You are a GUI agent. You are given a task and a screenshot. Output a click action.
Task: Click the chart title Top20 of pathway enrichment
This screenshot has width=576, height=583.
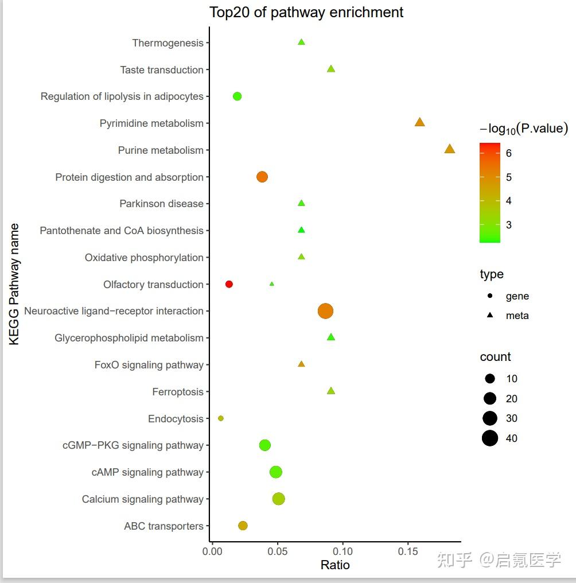(x=306, y=12)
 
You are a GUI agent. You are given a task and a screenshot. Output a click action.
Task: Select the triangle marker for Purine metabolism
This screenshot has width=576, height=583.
(x=449, y=149)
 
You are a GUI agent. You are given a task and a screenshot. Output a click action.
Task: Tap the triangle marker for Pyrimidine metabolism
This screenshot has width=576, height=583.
(x=419, y=122)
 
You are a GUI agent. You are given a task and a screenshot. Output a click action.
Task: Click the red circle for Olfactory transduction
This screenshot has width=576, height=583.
(x=229, y=284)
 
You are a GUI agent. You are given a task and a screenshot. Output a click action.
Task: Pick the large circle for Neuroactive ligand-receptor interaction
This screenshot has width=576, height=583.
(x=325, y=311)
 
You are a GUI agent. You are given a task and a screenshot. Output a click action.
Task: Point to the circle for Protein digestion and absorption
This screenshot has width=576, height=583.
(x=262, y=177)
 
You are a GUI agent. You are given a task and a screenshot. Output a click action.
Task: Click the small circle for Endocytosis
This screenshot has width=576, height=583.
(x=221, y=418)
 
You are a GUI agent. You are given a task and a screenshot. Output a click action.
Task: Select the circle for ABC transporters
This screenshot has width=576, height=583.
(x=243, y=526)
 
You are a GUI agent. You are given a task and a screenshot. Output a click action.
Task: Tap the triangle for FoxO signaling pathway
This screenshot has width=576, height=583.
(x=301, y=364)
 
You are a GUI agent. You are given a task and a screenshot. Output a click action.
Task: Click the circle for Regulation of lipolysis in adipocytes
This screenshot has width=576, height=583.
(x=237, y=96)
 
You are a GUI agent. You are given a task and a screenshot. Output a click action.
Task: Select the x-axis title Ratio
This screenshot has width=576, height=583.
(x=335, y=565)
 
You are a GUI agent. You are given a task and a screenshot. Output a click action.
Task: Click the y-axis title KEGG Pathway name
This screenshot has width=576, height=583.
(x=14, y=284)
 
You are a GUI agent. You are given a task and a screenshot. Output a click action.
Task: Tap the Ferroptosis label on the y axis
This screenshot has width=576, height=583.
(x=178, y=392)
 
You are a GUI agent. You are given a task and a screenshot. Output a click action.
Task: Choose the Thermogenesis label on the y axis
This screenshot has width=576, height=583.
(x=168, y=43)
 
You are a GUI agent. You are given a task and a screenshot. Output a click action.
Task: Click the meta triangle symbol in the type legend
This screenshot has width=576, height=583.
(x=490, y=315)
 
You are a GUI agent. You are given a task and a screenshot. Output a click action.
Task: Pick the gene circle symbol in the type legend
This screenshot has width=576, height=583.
(x=490, y=296)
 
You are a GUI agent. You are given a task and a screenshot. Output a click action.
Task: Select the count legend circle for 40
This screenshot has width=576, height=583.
(x=490, y=438)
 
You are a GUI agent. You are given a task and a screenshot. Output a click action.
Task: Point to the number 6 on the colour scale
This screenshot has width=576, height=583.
(x=509, y=153)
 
